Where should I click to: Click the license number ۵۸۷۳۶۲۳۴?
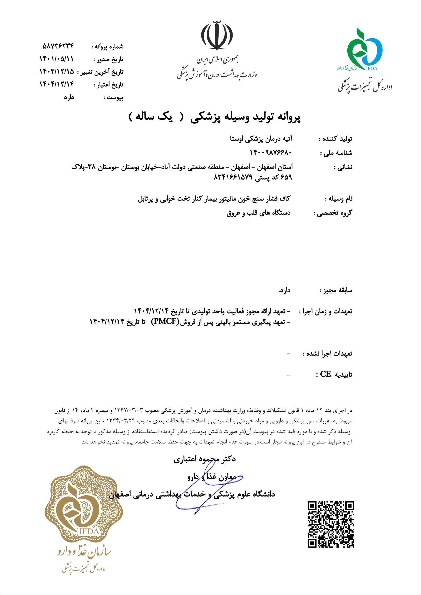[58, 46]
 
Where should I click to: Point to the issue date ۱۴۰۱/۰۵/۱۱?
[56, 59]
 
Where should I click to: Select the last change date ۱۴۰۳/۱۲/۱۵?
[56, 71]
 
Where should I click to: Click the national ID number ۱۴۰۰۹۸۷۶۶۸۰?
[271, 152]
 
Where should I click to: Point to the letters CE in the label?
[325, 374]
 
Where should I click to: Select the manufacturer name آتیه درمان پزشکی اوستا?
[261, 139]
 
